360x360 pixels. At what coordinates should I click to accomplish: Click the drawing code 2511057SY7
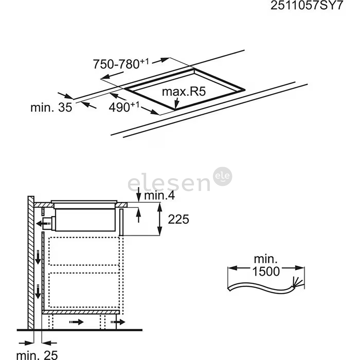coord(306,6)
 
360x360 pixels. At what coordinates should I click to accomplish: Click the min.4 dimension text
coord(159,196)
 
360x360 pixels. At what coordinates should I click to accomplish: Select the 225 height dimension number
coord(178,219)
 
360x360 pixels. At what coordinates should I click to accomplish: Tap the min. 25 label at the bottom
coord(37,355)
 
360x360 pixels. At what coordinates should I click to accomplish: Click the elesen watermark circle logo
coord(223,176)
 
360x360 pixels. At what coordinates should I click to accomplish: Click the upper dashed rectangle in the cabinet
coord(84,251)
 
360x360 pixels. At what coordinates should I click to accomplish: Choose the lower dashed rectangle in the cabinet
coord(84,289)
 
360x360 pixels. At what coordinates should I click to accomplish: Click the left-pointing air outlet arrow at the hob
coord(42,223)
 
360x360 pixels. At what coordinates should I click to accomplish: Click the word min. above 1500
coord(266,259)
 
